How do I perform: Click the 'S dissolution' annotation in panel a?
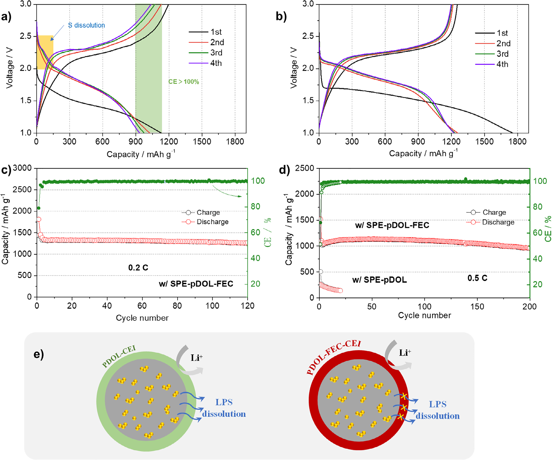(x=86, y=25)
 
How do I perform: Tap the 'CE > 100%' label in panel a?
(x=183, y=82)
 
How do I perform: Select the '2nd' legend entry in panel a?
(x=217, y=42)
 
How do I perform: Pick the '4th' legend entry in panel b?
(x=502, y=64)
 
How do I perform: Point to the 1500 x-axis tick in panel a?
(x=202, y=142)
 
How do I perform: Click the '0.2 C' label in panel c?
(x=138, y=268)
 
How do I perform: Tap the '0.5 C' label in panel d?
(x=477, y=278)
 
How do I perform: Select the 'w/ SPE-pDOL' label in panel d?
(x=379, y=280)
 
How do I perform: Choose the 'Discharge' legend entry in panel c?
(x=212, y=222)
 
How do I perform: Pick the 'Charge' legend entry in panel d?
(x=494, y=212)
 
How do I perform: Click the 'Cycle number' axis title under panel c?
(x=142, y=318)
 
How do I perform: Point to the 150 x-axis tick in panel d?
(x=477, y=306)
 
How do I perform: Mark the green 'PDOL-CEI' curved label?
(x=119, y=356)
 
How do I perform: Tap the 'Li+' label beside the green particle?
(x=196, y=358)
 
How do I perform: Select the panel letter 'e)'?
(x=39, y=354)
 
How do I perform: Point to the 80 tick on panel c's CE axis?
(x=255, y=207)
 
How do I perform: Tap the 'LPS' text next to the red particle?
(x=438, y=404)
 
